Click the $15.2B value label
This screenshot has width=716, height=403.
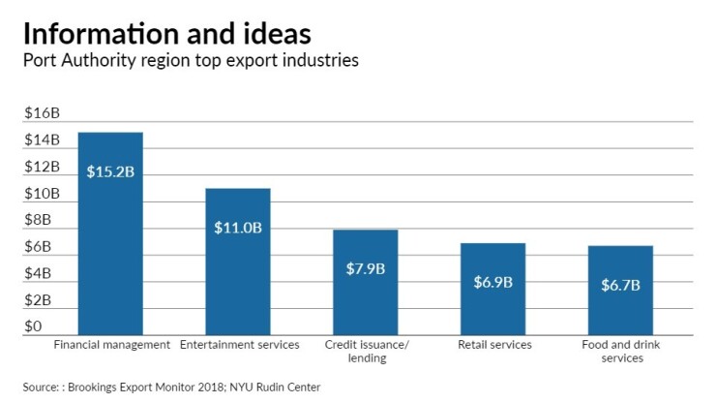[x=110, y=171]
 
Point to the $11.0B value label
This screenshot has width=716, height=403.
[x=237, y=228]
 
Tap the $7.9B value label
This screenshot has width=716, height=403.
[x=365, y=268]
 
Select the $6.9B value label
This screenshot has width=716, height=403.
[x=492, y=283]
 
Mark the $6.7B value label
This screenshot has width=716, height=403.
[x=620, y=285]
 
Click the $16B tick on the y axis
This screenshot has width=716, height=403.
[x=42, y=112]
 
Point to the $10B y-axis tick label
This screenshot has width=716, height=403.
[x=42, y=194]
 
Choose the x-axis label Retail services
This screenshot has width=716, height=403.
[x=492, y=345]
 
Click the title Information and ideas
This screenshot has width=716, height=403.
[x=166, y=33]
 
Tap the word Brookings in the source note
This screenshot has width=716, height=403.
[x=102, y=387]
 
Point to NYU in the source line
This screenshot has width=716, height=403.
[x=237, y=387]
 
